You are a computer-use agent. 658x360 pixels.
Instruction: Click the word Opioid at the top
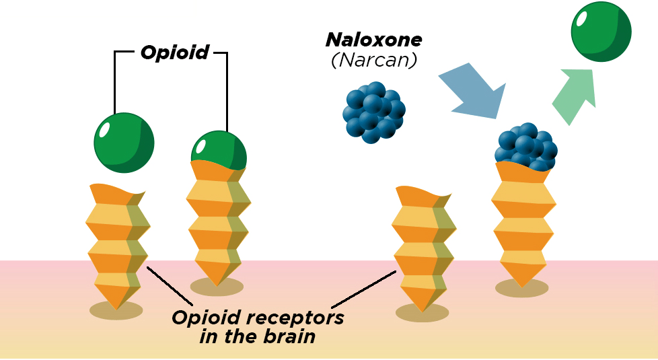[174, 52]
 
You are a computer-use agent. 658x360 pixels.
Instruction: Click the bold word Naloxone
[374, 40]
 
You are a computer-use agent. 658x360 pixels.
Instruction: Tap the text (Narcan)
[374, 60]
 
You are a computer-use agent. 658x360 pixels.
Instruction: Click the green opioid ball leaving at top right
[601, 31]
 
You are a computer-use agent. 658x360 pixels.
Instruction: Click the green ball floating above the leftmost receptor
[124, 143]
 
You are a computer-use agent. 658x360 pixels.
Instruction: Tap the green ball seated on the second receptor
[219, 148]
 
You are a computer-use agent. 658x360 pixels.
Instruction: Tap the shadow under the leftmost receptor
[116, 310]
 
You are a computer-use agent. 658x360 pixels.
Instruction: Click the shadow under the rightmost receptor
[521, 288]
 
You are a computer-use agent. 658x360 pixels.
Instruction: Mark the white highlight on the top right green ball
[583, 18]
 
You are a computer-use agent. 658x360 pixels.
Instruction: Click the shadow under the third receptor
[422, 313]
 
